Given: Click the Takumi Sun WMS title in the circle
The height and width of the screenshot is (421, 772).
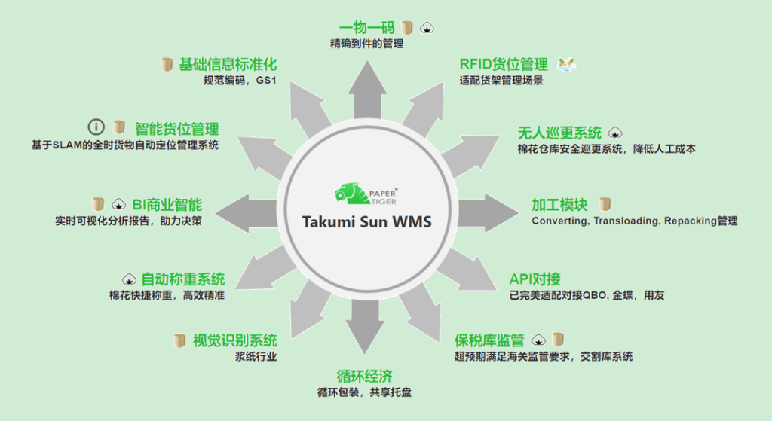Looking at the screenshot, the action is pos(367,222).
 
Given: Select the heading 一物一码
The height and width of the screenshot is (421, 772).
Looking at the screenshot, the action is pos(367,28).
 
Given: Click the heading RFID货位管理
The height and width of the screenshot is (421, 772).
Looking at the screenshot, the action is pos(504,64).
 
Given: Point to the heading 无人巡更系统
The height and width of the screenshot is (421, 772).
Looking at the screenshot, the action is pos(559,133).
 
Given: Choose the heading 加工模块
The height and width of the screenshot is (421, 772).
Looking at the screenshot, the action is pos(560,205).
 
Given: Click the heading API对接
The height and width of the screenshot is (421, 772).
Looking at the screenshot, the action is pos(535,279).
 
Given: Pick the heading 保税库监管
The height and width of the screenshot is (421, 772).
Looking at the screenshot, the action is pos(489,340).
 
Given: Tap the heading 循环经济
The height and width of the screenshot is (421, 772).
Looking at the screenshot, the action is pos(365,377).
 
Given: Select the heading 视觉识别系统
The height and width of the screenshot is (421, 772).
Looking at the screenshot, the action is pos(235,340).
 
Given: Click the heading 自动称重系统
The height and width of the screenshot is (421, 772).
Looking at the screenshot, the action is pos(183,279).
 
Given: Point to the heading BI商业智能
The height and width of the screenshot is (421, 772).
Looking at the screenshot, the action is pos(167,205).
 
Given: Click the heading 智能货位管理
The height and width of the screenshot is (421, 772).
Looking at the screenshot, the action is pos(176,129).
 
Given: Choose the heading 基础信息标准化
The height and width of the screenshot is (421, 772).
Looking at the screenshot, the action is pos(228,64).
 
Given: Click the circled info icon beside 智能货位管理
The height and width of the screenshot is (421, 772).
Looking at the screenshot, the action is pos(96,127).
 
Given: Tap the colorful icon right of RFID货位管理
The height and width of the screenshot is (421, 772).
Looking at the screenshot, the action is pos(567,65).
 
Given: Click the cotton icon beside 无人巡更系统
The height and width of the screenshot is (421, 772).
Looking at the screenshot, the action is pos(615,133).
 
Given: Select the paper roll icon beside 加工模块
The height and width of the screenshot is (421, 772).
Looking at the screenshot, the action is pos(605,204).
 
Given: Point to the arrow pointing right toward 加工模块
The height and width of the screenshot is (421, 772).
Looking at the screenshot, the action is pos(489,213).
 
